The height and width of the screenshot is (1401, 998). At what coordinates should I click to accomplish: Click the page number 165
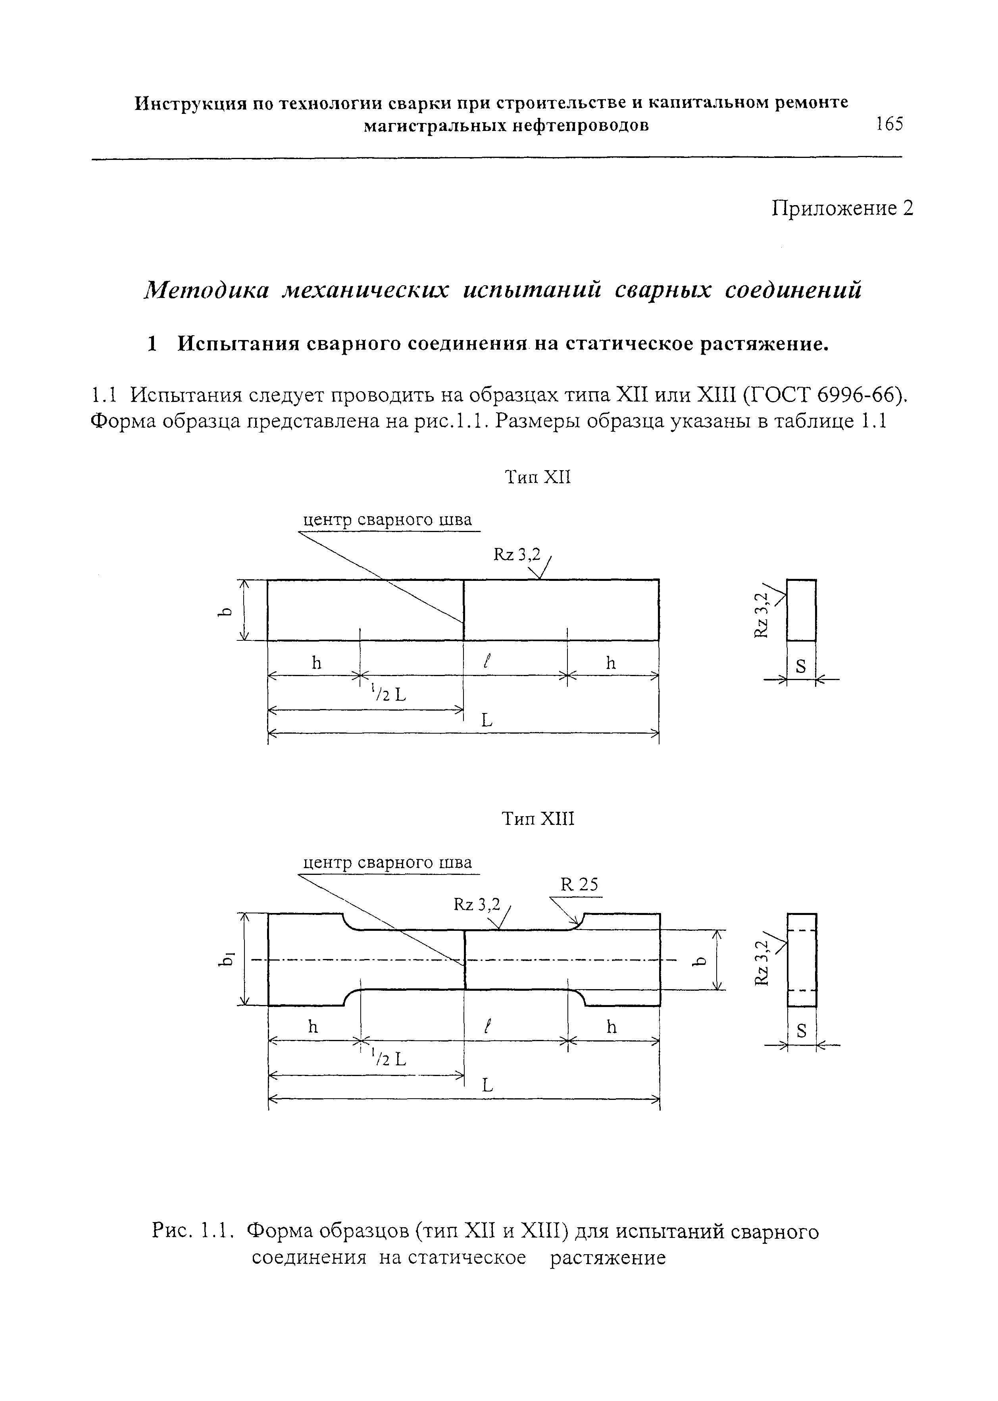click(x=890, y=125)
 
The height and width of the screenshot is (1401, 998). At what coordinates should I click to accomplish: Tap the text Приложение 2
click(x=842, y=208)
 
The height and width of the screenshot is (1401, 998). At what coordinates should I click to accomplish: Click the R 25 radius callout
click(x=579, y=884)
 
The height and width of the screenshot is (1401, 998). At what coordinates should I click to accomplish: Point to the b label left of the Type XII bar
click(x=227, y=611)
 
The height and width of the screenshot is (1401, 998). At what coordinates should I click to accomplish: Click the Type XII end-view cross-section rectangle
click(x=801, y=610)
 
